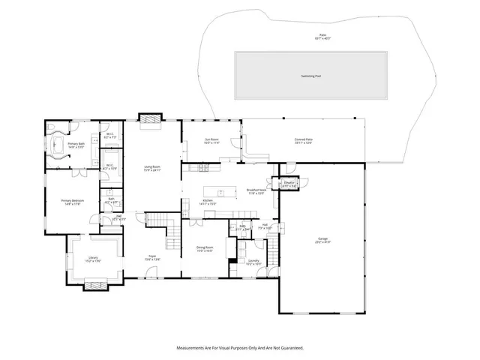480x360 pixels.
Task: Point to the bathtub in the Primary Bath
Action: tap(57, 145)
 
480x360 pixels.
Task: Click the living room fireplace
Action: tap(149, 119)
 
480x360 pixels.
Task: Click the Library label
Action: tap(93, 259)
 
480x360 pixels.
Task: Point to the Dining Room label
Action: tap(205, 249)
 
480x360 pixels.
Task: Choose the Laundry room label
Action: tap(253, 262)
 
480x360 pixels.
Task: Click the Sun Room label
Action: tap(211, 141)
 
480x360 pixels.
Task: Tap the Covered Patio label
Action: tap(304, 140)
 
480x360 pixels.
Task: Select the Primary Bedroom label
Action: tap(73, 202)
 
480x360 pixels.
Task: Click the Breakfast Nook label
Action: tap(256, 192)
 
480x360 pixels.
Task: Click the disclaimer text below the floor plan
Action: tap(239, 348)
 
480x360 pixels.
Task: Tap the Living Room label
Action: tap(153, 169)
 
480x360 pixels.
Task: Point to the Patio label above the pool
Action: tap(322, 37)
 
